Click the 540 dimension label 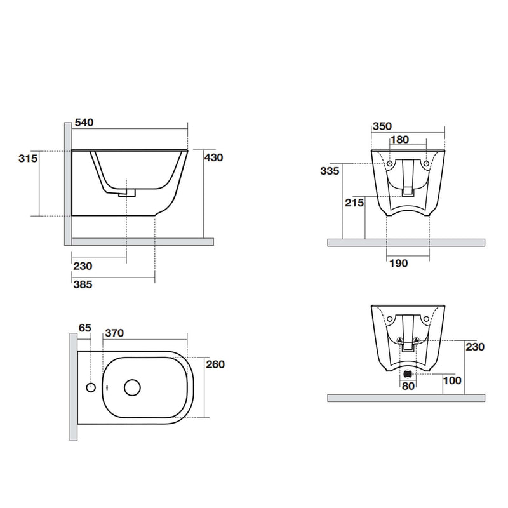pyautogui.click(x=84, y=123)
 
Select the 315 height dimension pyautogui.click(x=28, y=158)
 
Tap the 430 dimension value pyautogui.click(x=213, y=157)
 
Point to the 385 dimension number pyautogui.click(x=83, y=284)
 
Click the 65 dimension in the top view pyautogui.click(x=85, y=328)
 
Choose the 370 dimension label pyautogui.click(x=114, y=333)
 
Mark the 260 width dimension pyautogui.click(x=215, y=364)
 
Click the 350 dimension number pyautogui.click(x=382, y=126)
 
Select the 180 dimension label pyautogui.click(x=399, y=140)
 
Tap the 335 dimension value pyautogui.click(x=330, y=171)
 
